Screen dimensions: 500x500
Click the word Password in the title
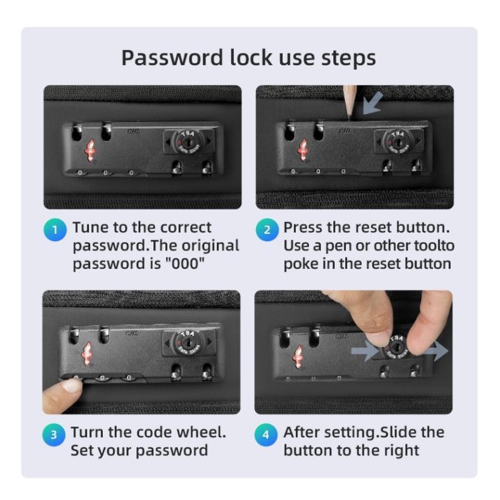172,58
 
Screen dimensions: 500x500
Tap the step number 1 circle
55,230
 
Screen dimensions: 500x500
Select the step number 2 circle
267,230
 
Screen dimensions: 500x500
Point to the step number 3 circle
54,435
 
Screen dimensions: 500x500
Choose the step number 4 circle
266,435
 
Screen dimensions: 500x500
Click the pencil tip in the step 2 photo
350,119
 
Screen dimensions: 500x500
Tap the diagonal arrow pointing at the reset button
373,103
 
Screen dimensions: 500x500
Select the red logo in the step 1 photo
91,150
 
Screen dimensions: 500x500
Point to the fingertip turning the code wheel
72,385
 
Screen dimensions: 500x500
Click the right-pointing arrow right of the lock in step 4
437,350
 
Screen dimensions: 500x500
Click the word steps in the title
348,59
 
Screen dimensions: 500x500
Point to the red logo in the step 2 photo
302,150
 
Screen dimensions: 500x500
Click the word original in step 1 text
210,246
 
